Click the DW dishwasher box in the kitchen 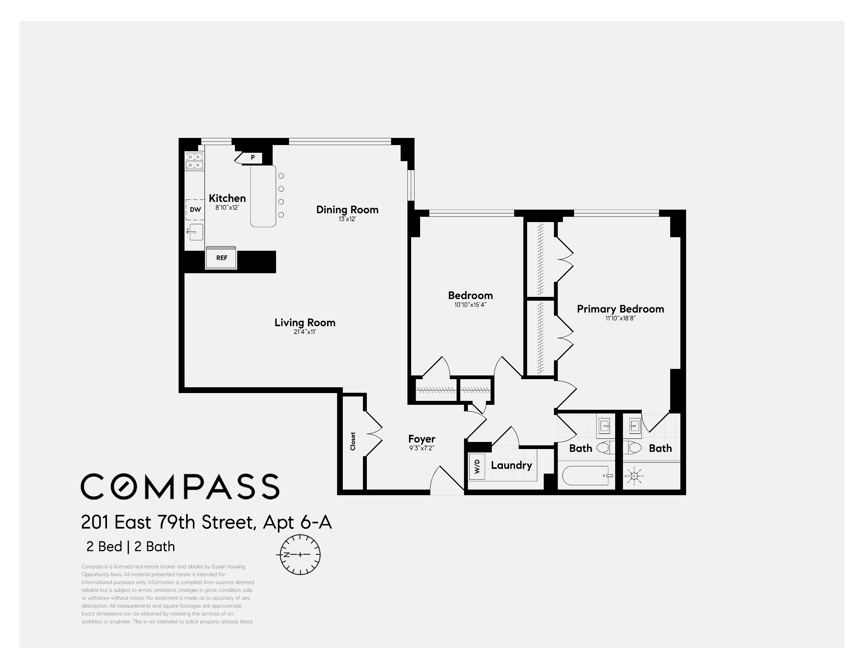[x=195, y=210]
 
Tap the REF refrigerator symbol [x=222, y=258]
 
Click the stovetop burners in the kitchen [x=195, y=161]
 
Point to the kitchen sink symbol [x=195, y=232]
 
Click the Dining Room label [x=347, y=210]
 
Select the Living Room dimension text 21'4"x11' [x=304, y=332]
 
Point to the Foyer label [x=422, y=439]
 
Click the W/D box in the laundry [x=477, y=467]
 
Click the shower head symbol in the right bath [x=634, y=476]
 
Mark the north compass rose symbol [x=300, y=555]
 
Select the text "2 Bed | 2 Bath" [x=130, y=546]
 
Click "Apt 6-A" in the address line [x=297, y=522]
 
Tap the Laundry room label [x=512, y=465]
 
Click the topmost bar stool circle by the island [x=281, y=176]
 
